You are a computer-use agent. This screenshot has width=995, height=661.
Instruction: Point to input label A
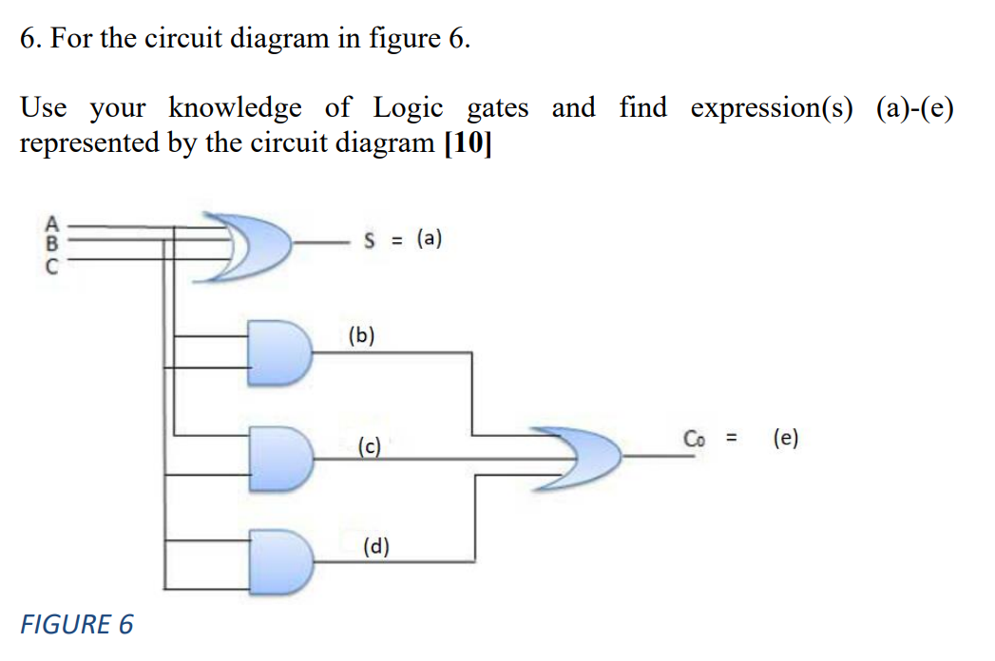[x=53, y=225]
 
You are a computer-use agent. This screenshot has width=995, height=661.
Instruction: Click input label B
[x=53, y=241]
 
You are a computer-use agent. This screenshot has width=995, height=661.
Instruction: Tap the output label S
[x=369, y=240]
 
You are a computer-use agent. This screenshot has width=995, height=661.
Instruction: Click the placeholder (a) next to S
[x=425, y=239]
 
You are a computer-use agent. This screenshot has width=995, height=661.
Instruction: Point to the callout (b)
[x=362, y=335]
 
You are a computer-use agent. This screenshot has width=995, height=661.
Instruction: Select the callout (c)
[x=369, y=444]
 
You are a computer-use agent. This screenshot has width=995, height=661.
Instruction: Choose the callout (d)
[x=376, y=546]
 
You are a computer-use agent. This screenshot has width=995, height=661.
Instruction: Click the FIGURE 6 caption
[x=77, y=624]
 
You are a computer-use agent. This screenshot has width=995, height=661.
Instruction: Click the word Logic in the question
[x=408, y=108]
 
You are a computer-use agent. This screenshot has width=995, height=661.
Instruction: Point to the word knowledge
[x=236, y=108]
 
